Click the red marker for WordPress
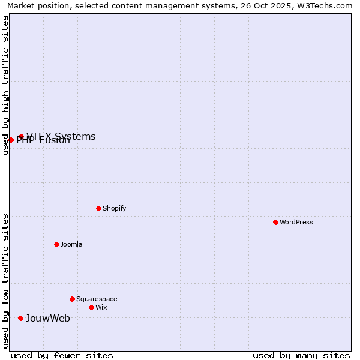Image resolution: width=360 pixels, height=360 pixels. click(275, 222)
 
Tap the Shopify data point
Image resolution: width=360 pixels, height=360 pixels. click(98, 208)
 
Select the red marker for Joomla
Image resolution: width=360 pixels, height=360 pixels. click(56, 244)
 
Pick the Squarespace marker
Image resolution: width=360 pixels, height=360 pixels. click(72, 299)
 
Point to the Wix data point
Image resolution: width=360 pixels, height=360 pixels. click(91, 307)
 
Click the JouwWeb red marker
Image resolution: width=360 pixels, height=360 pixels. click(20, 318)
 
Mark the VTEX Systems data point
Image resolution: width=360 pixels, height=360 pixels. click(21, 137)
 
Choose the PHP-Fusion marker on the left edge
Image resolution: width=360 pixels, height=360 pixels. click(11, 140)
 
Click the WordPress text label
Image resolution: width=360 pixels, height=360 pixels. click(296, 222)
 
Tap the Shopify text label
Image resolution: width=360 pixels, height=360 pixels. click(114, 208)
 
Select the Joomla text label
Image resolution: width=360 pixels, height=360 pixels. click(71, 244)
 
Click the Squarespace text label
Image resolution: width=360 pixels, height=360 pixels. click(97, 299)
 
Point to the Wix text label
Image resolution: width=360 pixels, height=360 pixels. click(101, 307)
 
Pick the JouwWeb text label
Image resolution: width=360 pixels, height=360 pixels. click(48, 318)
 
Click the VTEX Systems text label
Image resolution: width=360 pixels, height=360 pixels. click(61, 136)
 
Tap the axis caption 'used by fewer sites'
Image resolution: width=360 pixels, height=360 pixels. click(62, 355)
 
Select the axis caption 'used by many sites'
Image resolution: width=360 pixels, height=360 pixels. click(301, 355)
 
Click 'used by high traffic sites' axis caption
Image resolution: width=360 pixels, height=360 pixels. click(6, 85)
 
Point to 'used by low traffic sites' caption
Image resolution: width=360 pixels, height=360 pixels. click(6, 281)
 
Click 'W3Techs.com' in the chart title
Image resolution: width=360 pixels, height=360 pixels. click(326, 5)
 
